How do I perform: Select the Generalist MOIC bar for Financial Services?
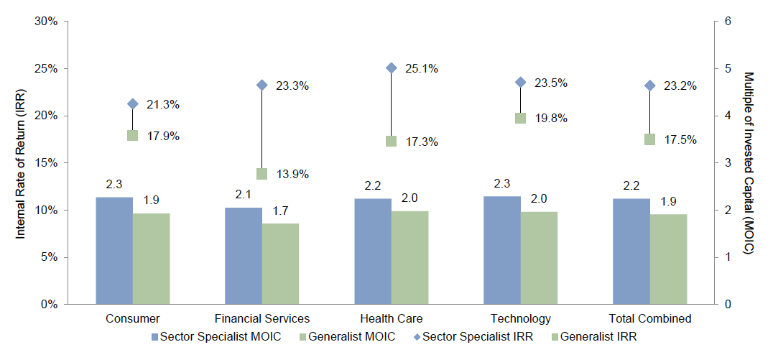[280, 264]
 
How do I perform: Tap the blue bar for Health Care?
[373, 251]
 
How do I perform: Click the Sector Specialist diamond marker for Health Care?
[392, 68]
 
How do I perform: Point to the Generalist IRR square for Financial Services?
[262, 173]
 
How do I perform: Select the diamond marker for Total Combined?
[650, 86]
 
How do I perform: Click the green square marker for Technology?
[521, 118]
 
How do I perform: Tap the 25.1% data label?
[422, 69]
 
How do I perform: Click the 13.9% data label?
[292, 174]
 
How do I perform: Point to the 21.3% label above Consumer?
[163, 105]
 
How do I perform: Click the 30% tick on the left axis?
[47, 22]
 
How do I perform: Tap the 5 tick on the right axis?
[729, 69]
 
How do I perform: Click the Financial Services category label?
[262, 318]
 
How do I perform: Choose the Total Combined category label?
[649, 318]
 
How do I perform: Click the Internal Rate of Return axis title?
[21, 162]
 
